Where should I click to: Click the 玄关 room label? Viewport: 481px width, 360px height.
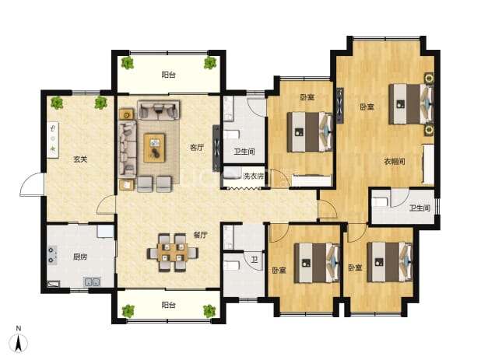click(80, 159)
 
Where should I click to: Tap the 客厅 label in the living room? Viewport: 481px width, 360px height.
click(197, 148)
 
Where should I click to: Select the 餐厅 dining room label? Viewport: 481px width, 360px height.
click(200, 235)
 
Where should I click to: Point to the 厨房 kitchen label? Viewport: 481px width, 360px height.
click(79, 257)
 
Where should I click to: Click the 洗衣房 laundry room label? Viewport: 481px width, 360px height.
click(253, 177)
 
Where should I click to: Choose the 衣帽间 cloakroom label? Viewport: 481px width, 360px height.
click(395, 161)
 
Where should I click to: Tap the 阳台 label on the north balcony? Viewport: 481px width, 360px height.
click(168, 75)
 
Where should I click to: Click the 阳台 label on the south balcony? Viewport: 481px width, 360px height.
click(168, 305)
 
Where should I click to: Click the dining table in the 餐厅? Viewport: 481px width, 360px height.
click(173, 253)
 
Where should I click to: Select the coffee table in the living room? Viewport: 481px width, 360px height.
click(154, 148)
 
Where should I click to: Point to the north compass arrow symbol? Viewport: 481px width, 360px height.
click(19, 343)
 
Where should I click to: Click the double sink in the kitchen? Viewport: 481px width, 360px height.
click(92, 281)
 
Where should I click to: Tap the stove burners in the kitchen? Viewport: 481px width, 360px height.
click(52, 255)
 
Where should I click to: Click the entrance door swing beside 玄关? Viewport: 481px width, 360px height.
click(32, 184)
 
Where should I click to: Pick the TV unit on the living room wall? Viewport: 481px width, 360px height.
click(216, 148)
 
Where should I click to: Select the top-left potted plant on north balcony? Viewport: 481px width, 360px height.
click(128, 63)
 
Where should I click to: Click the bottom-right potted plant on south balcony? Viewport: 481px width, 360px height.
click(209, 311)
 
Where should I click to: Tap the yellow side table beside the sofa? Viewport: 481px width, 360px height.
click(126, 114)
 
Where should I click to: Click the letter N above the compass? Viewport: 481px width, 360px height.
click(19, 328)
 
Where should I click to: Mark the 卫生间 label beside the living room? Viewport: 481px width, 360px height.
click(244, 152)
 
